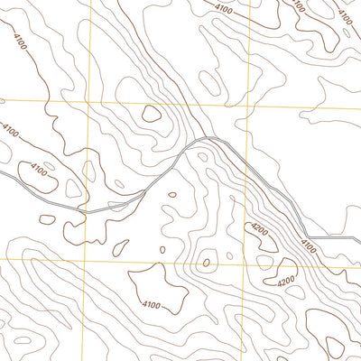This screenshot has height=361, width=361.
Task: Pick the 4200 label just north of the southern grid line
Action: click(261, 230)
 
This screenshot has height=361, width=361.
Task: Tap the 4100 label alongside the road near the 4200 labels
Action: click(308, 245)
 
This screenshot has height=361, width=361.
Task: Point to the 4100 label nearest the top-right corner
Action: click(344, 15)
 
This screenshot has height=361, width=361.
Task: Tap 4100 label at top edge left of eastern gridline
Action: click(225, 8)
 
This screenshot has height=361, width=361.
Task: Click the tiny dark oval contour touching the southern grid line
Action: click(206, 264)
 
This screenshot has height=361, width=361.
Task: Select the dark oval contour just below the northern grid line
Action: click(152, 115)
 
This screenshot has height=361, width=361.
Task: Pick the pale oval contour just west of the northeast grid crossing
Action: click(209, 83)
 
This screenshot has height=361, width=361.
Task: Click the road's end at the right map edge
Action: click(359, 238)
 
